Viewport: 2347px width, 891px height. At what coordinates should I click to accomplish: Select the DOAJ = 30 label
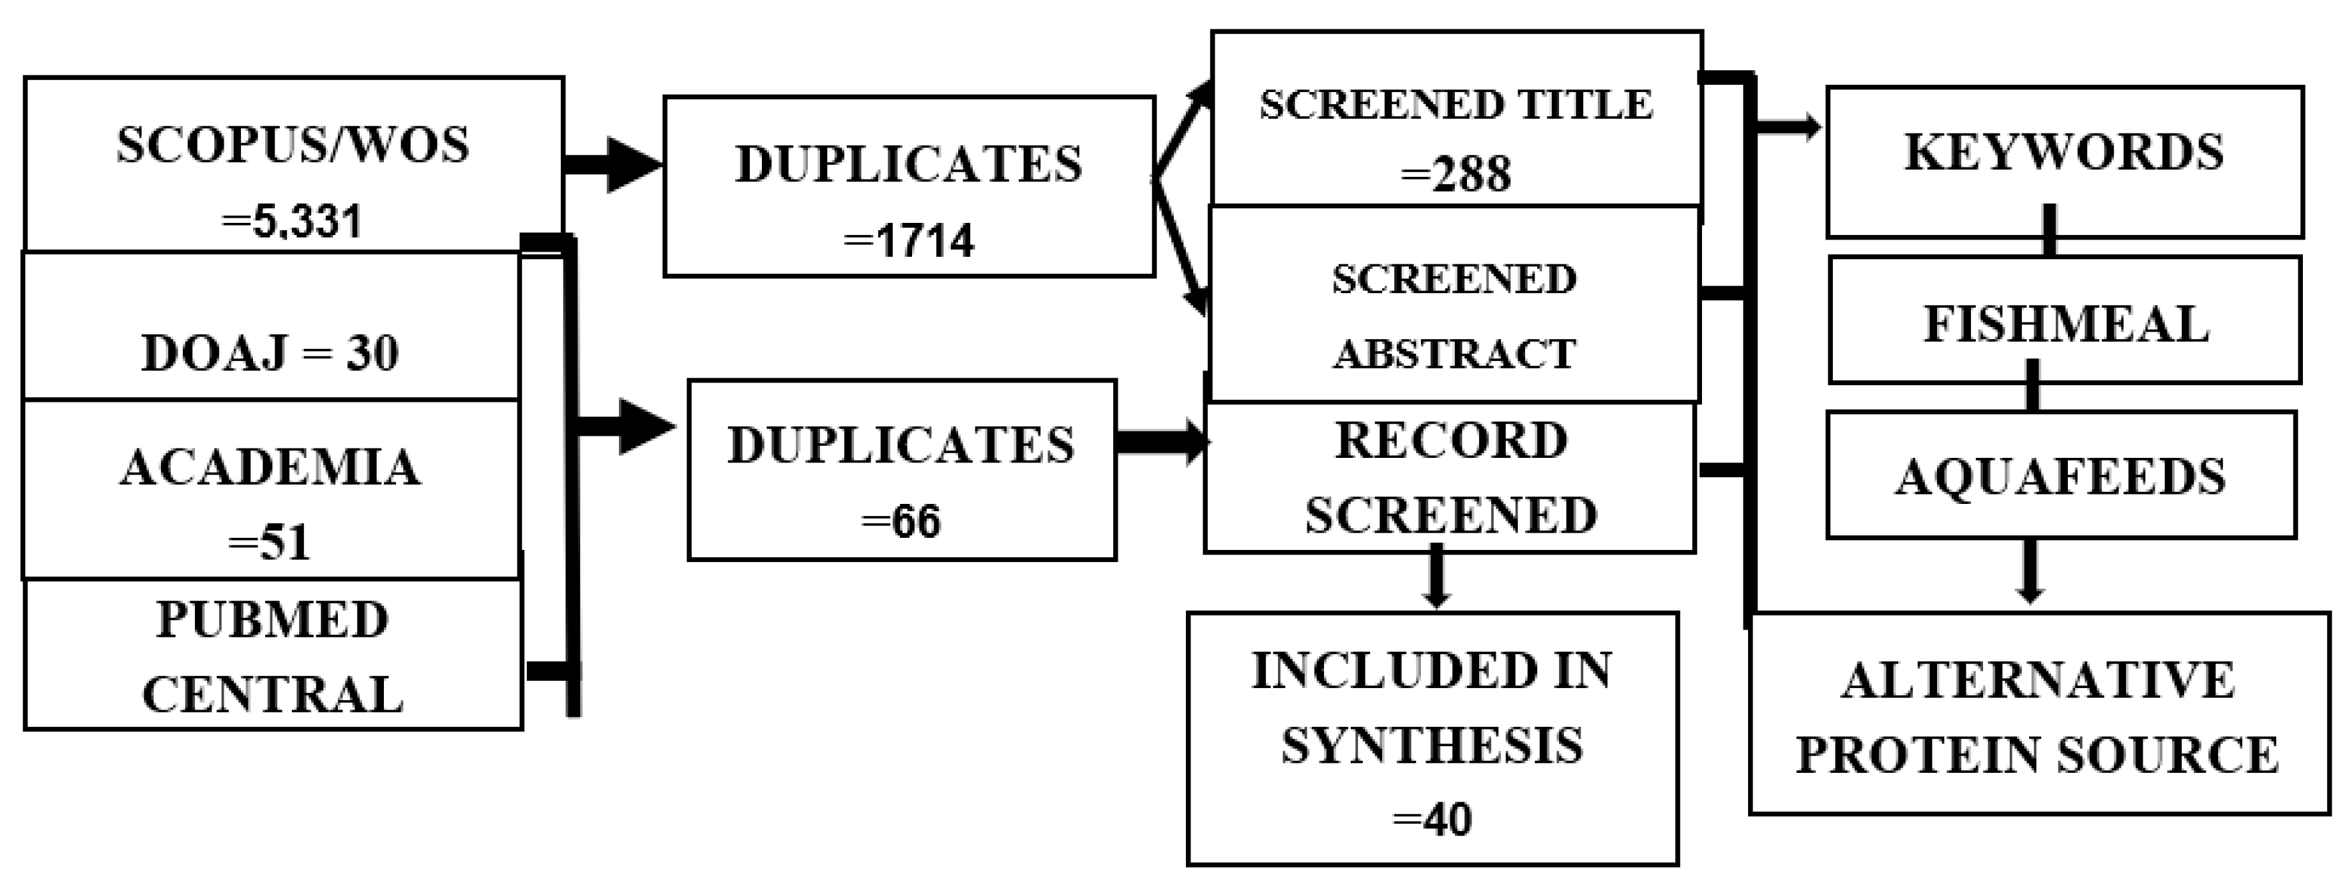pos(270,354)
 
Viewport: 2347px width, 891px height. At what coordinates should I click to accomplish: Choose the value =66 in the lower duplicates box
pos(901,522)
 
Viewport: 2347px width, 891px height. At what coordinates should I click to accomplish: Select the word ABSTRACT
pos(1455,354)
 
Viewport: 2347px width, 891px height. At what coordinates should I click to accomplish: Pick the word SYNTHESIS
pos(1432,746)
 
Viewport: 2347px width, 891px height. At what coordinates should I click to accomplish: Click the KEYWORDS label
pos(2064,152)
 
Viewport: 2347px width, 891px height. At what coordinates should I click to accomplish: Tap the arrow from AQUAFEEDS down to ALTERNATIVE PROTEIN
pos(2030,571)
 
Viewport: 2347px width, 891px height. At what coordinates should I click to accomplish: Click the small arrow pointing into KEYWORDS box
pos(1787,128)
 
